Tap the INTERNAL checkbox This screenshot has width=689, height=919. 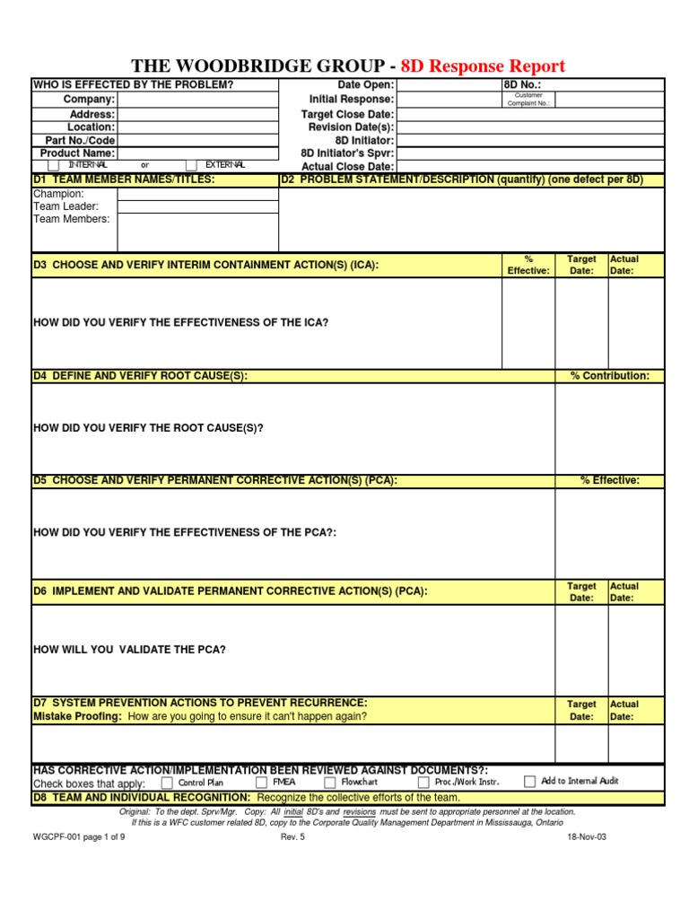tap(54, 165)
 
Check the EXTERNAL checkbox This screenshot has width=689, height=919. tap(191, 165)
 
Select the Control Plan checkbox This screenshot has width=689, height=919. tap(167, 782)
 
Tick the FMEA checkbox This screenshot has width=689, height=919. tap(261, 782)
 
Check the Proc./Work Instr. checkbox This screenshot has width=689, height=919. tap(423, 782)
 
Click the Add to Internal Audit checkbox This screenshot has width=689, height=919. tap(529, 781)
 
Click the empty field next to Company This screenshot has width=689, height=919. tap(197, 100)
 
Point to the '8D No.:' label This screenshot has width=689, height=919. tap(523, 85)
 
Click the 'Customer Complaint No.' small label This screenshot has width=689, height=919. tap(528, 100)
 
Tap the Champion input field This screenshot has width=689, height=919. tap(197, 194)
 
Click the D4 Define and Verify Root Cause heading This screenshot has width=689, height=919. tap(141, 376)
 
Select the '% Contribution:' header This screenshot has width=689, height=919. tap(610, 376)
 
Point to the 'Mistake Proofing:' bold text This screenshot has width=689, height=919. tap(78, 716)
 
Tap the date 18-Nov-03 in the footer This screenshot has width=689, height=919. tap(587, 836)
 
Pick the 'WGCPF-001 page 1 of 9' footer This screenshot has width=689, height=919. tap(80, 836)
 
